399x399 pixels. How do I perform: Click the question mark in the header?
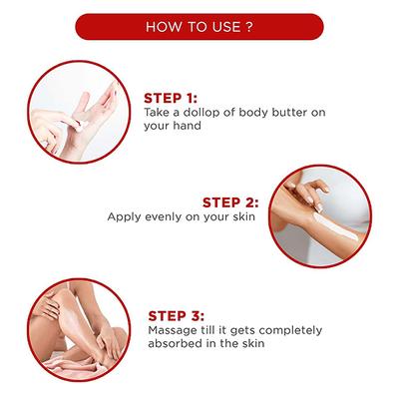[x=249, y=27]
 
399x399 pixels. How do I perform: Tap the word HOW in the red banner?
[x=160, y=27]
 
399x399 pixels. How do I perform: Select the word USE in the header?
[x=227, y=27]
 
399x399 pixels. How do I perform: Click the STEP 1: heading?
[x=171, y=99]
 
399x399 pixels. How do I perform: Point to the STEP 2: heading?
[x=230, y=202]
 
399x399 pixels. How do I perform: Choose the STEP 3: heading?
[x=176, y=316]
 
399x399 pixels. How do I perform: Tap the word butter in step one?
[x=290, y=112]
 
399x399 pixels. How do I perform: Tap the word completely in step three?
[x=290, y=331]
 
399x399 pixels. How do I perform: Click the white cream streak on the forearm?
[x=335, y=226]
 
